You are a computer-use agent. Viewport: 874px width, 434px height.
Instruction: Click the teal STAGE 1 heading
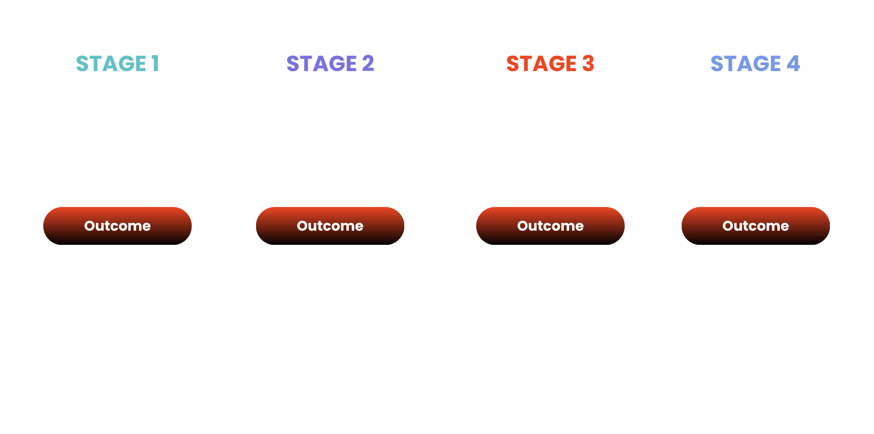(x=117, y=63)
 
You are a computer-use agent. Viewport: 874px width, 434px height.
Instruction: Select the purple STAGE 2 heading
(x=330, y=63)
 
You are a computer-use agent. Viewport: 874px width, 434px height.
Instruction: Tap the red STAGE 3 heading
(x=550, y=63)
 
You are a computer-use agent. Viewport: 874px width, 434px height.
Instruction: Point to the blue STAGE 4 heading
(x=755, y=63)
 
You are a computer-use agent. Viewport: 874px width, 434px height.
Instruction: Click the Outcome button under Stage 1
(x=118, y=226)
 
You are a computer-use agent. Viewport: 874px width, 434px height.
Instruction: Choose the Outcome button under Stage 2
(x=330, y=226)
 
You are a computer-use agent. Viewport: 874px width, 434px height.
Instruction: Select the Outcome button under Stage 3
(x=550, y=226)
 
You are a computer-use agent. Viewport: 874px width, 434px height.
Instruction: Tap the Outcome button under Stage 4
(x=756, y=226)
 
